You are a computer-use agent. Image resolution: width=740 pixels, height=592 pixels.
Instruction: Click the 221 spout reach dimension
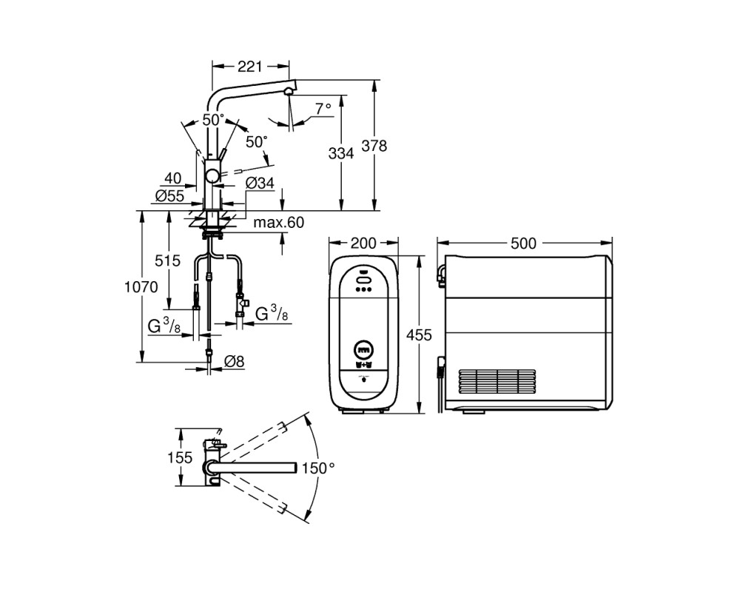[x=249, y=67]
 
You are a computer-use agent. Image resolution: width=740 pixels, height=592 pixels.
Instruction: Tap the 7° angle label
[x=323, y=109]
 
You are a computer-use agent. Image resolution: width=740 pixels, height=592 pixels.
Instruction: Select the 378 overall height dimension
[x=374, y=146]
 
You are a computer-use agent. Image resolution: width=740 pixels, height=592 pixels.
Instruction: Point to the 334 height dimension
[x=340, y=153]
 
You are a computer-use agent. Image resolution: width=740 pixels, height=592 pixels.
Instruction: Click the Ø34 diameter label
[x=260, y=183]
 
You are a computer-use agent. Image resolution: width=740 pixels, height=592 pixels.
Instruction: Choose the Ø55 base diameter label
[x=170, y=195]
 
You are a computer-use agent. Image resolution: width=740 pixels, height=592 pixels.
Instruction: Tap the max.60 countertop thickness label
[x=279, y=222]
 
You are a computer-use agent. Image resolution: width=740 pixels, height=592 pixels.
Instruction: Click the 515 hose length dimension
[x=167, y=260]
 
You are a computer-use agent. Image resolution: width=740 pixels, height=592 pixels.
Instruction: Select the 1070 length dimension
[x=141, y=286]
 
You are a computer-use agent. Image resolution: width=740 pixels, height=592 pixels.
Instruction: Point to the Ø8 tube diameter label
[x=234, y=362]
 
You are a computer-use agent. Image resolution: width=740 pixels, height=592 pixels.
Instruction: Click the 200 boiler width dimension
[x=364, y=243]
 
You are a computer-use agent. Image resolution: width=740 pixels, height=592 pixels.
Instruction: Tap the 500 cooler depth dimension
[x=523, y=243]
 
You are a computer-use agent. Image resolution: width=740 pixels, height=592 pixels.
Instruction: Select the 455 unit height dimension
[x=419, y=334]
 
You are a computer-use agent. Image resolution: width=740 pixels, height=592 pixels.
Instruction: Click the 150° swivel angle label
[x=318, y=468]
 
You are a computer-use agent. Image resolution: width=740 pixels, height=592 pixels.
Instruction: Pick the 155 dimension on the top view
[x=180, y=457]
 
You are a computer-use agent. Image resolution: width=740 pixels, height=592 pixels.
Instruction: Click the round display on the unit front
[x=364, y=350]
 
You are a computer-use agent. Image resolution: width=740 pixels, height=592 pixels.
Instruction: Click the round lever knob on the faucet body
[x=212, y=177]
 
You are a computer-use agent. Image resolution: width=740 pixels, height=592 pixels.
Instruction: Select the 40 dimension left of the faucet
[x=172, y=178]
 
